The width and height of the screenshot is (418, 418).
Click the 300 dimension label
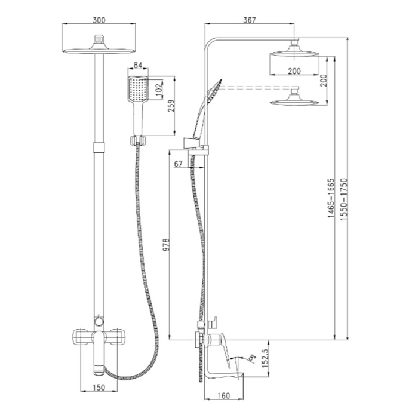coord(99,20)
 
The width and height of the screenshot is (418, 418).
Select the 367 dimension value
coord(250,20)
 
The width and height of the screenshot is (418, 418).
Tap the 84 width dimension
coord(138,65)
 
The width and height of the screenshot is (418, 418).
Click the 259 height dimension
coord(171,106)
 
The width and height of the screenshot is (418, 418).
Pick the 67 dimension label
coord(179,164)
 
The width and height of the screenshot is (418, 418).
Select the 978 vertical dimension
coord(166,245)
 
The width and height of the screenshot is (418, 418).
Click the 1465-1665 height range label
coord(331,198)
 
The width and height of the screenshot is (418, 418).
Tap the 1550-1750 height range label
coord(344,199)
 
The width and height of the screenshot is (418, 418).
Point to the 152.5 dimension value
coord(265,358)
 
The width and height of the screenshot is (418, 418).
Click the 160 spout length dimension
coord(224,395)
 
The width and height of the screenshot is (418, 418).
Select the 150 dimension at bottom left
coord(99,387)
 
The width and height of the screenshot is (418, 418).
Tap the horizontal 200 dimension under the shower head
coord(294,71)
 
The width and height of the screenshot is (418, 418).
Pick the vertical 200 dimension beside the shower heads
coord(324,80)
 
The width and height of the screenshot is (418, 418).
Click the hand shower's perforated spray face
coord(138,88)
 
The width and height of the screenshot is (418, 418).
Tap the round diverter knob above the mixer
coord(99,321)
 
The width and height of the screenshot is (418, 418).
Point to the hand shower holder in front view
coord(138,141)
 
